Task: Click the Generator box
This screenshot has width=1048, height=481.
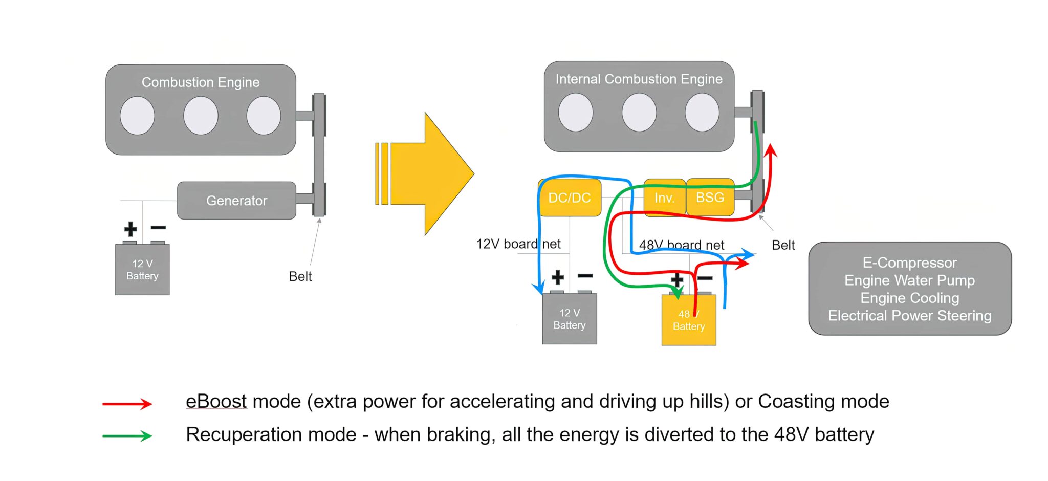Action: (x=236, y=201)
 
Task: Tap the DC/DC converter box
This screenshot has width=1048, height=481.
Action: (x=570, y=198)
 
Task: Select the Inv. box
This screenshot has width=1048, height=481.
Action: (x=664, y=198)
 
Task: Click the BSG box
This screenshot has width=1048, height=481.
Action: (x=710, y=198)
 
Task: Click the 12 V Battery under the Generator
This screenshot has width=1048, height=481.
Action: (x=142, y=270)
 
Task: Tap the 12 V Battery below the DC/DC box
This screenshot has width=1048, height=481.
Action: (x=570, y=319)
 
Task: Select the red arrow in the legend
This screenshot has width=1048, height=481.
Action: (x=127, y=404)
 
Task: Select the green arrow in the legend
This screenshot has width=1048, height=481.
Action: (x=127, y=436)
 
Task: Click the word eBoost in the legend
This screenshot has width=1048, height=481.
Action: (x=216, y=401)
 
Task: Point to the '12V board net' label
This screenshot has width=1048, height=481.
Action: (x=518, y=244)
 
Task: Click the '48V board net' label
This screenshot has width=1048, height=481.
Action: (x=681, y=245)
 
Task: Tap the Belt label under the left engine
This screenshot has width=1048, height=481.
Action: (x=300, y=276)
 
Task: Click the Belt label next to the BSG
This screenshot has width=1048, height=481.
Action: (x=783, y=245)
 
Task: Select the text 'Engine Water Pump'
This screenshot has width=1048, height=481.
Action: (x=909, y=280)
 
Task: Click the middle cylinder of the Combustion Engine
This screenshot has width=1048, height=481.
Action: (x=201, y=116)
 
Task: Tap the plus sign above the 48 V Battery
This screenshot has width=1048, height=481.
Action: (x=676, y=279)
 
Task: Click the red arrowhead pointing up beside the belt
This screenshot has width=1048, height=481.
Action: (x=771, y=150)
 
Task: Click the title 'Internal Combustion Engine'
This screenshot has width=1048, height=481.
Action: (x=639, y=79)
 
